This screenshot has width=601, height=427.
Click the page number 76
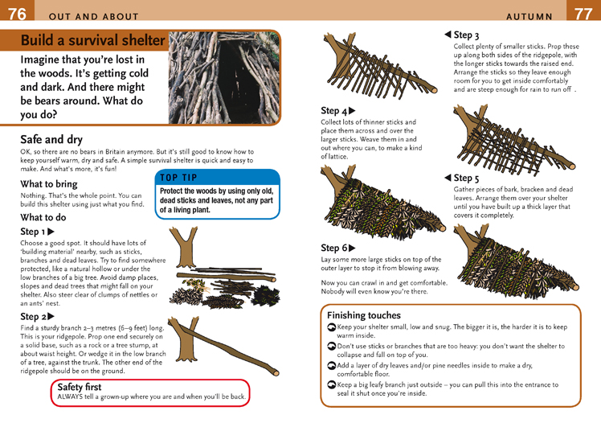point(16,13)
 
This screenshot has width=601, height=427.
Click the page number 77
point(584,13)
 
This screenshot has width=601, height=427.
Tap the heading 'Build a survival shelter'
point(92,41)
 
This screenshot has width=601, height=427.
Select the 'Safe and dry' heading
point(51,139)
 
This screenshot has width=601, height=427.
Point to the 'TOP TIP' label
point(178,177)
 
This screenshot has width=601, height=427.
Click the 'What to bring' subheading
point(49,184)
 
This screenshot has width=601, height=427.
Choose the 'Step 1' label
point(42,232)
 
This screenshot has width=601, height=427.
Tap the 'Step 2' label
point(42,317)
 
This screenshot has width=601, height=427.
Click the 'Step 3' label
point(462,35)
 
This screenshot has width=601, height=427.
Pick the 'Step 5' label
point(462,178)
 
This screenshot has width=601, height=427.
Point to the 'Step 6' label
point(337,248)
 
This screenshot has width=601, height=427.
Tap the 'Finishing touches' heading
point(363,315)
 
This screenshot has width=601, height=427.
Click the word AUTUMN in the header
point(529,16)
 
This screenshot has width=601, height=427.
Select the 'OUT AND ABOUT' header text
point(93,16)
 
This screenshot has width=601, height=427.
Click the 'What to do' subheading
point(43,217)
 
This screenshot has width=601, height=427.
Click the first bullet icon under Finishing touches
point(332,328)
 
